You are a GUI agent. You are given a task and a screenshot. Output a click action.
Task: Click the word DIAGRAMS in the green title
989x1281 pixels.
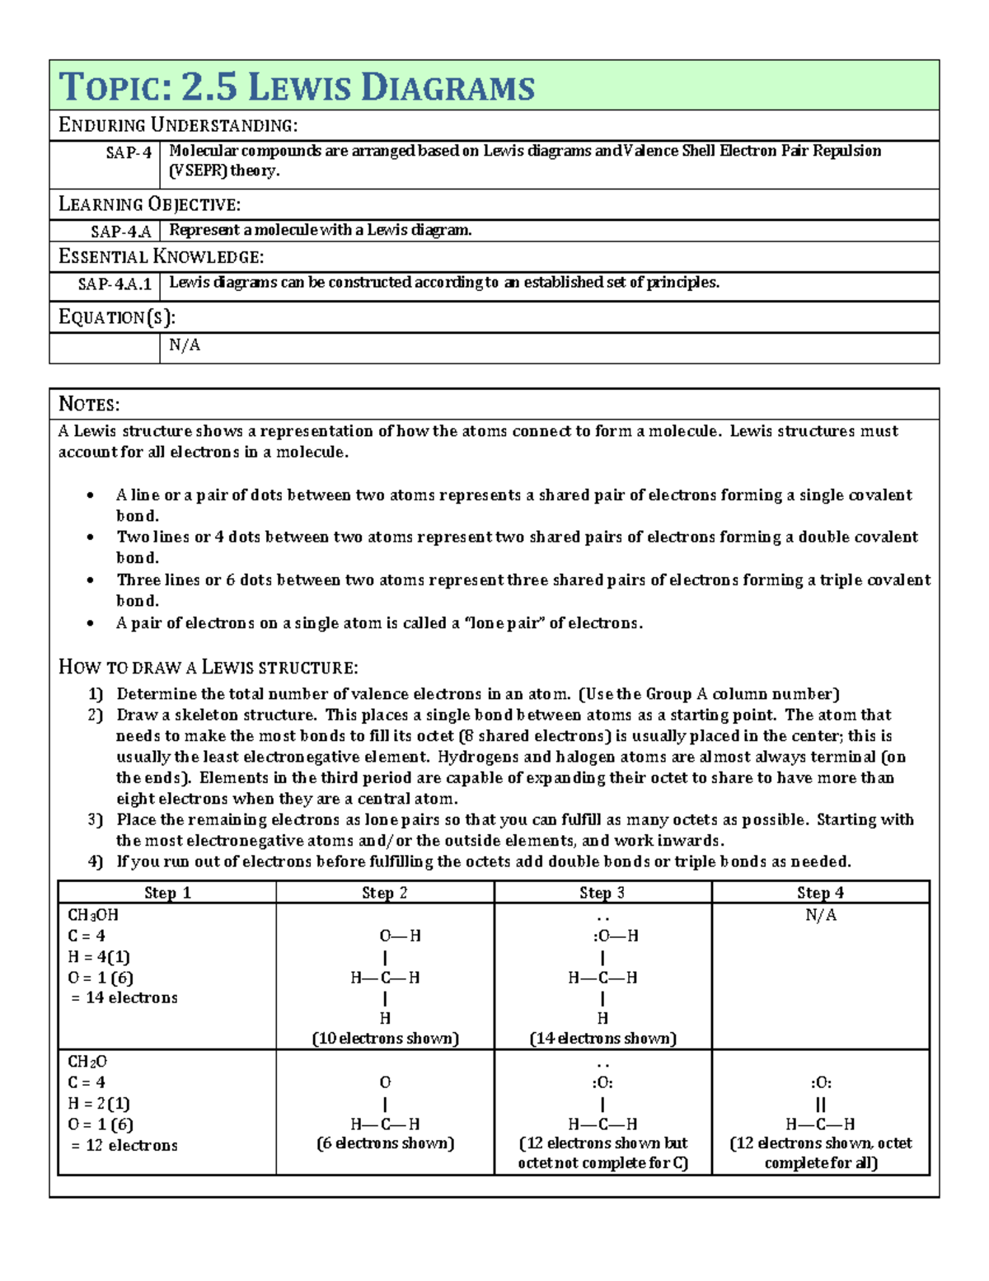click(448, 87)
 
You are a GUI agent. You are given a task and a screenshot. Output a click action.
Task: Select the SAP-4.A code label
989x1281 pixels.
click(121, 232)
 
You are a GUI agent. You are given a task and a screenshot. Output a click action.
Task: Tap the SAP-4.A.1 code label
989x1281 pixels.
click(115, 284)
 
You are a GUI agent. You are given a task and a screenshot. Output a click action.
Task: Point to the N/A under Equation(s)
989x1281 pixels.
click(184, 345)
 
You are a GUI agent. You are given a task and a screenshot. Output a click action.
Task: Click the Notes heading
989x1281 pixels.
click(89, 404)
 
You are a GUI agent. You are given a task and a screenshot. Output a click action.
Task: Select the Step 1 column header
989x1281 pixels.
click(167, 893)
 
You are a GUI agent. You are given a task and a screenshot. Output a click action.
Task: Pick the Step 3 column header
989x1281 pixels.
click(602, 893)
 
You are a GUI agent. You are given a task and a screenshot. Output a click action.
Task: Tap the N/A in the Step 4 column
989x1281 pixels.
click(820, 915)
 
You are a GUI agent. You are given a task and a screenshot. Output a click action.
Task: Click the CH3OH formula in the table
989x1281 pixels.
click(93, 915)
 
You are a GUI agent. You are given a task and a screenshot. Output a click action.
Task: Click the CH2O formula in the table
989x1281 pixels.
click(87, 1062)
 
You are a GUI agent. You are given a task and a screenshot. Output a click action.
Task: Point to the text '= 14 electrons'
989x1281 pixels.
click(124, 997)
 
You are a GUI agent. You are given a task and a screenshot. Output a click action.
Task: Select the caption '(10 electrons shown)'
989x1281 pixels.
click(385, 1039)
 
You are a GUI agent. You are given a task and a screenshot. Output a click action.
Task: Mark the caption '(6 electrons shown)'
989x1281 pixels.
click(385, 1143)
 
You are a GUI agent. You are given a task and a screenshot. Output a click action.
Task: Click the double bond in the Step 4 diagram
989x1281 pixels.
click(820, 1104)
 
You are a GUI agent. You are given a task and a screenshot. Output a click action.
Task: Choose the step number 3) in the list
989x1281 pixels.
click(96, 819)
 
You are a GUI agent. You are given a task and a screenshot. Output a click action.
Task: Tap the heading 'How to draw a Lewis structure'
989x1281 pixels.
click(208, 667)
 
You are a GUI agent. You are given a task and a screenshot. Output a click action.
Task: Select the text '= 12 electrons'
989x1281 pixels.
click(124, 1145)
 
